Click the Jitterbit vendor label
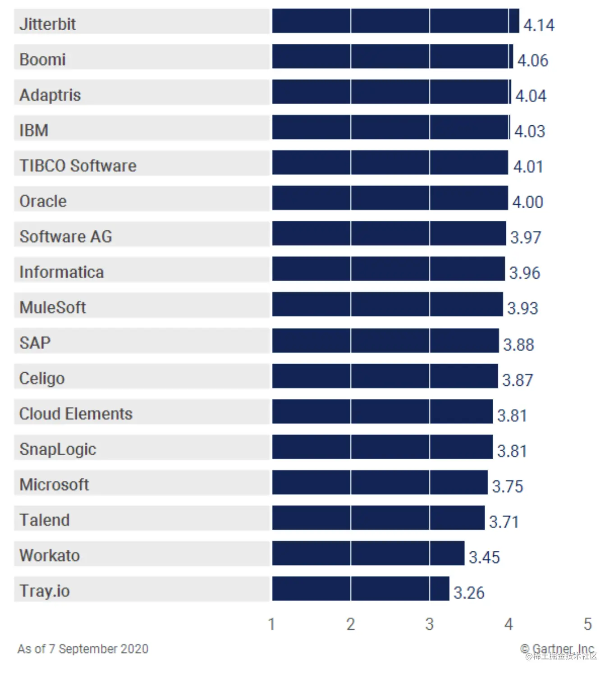[x=47, y=24]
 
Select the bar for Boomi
[x=392, y=56]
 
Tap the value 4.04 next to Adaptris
[x=531, y=96]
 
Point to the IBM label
[x=34, y=130]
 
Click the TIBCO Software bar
[x=390, y=163]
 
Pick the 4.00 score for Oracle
[x=527, y=202]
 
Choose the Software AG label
[x=66, y=237]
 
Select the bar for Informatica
[x=388, y=269]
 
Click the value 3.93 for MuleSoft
[x=522, y=308]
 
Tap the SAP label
[x=35, y=343]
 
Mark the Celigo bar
[x=385, y=376]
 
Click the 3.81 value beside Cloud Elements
[x=512, y=416]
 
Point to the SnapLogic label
[x=58, y=449]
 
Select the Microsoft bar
[x=380, y=482]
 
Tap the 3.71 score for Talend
[x=504, y=522]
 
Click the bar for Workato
[x=368, y=553]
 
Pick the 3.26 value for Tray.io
[x=469, y=593]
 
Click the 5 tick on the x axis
[x=587, y=624]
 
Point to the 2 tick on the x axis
[x=351, y=624]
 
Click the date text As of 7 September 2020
[x=83, y=649]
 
